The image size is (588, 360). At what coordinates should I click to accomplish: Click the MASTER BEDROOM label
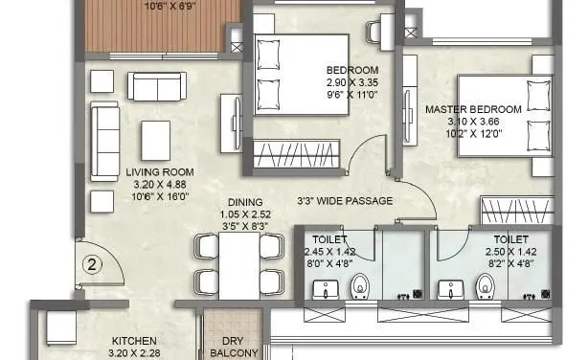coord(473,110)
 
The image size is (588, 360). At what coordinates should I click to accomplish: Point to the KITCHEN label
coord(134,340)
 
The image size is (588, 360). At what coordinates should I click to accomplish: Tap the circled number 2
coord(92,261)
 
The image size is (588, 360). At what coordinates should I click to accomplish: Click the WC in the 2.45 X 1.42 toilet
coord(361,284)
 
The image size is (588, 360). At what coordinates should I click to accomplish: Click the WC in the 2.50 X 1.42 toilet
coord(486,284)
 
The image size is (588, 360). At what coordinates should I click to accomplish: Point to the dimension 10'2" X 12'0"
coord(473,134)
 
